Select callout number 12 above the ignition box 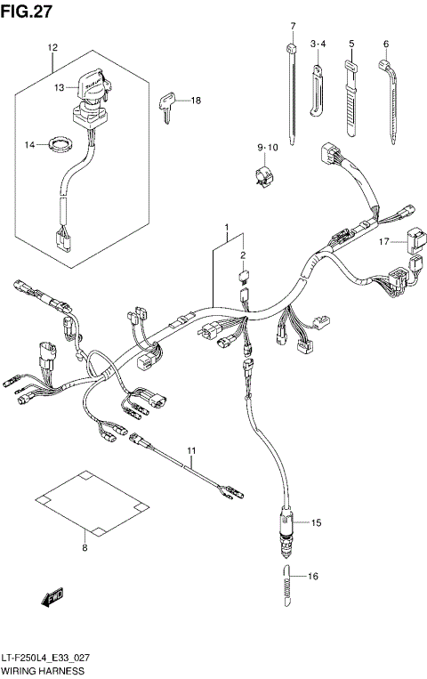[x=52, y=46]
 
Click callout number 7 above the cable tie [x=293, y=26]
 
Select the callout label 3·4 [x=318, y=44]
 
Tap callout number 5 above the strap [x=351, y=44]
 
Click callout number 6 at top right [x=386, y=44]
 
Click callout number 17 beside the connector [x=383, y=240]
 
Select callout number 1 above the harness [x=227, y=229]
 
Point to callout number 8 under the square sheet [x=85, y=548]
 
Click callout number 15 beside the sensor [x=315, y=522]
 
